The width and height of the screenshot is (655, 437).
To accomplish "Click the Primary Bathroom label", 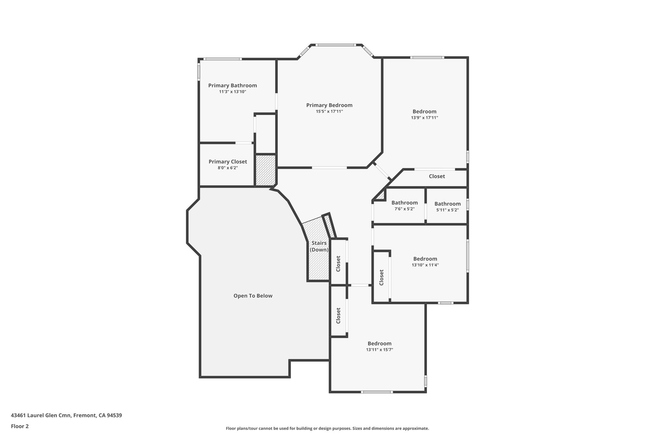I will (x=233, y=85).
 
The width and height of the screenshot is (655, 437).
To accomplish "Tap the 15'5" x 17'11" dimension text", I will (x=329, y=111).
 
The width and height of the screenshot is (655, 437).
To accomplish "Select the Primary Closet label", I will (x=228, y=162).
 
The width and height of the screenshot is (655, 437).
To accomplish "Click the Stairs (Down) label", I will (x=319, y=246).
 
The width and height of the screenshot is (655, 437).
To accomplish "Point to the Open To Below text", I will (x=253, y=296).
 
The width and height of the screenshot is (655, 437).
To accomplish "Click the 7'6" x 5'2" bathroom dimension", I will (x=404, y=209).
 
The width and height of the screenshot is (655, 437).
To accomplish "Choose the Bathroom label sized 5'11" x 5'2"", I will (x=447, y=204).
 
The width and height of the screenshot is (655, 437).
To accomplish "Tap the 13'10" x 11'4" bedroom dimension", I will (x=425, y=265).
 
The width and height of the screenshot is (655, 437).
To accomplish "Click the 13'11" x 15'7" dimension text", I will (x=379, y=350).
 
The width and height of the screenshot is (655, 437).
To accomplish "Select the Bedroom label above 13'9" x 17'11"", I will (x=424, y=111).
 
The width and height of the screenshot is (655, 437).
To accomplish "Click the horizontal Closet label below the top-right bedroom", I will (x=437, y=176).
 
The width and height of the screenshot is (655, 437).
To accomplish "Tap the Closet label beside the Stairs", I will (x=338, y=263).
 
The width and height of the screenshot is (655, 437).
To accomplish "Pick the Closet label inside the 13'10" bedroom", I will (x=381, y=277).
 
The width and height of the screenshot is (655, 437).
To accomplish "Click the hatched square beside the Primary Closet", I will (x=265, y=170).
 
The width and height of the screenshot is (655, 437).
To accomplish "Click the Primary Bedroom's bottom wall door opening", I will (x=329, y=167).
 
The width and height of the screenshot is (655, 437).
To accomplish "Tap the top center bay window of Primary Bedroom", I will (x=336, y=45).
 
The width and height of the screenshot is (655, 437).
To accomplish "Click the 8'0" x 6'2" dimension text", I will (x=228, y=168).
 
